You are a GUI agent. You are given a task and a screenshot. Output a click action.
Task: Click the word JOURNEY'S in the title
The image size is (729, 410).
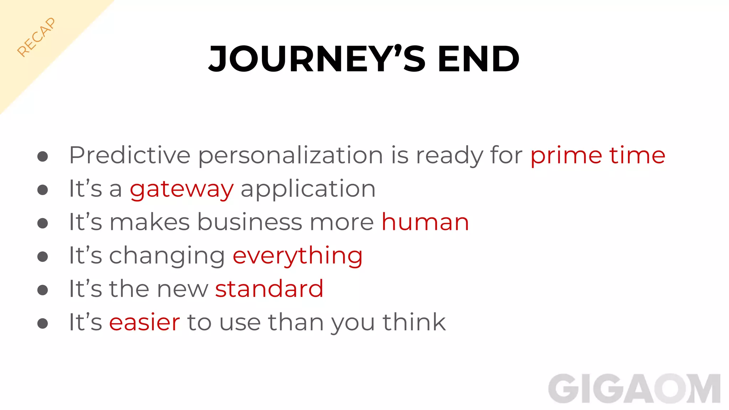point(317,59)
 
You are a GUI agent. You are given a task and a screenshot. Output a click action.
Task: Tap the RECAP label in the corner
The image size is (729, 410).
point(36,37)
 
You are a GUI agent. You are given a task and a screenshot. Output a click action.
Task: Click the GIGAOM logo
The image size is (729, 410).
point(634,389)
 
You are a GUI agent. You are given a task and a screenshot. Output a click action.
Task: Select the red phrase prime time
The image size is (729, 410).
point(597,156)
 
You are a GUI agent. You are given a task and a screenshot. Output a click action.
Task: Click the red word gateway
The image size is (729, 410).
point(182,189)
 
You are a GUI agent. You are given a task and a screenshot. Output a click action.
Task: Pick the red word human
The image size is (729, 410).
point(425,222)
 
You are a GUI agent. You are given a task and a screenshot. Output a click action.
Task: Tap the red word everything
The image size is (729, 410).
point(297,256)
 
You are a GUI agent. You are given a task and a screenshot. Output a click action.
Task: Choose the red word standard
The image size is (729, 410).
point(269,289)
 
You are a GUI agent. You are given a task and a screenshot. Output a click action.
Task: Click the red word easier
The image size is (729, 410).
point(145,322)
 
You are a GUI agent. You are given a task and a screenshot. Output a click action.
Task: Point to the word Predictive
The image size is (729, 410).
point(130,156)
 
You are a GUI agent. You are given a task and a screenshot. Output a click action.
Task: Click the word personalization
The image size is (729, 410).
point(290,156)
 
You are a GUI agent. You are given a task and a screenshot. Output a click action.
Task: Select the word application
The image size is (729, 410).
point(308,189)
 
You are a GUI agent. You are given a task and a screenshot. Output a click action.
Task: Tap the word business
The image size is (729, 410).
point(250,222)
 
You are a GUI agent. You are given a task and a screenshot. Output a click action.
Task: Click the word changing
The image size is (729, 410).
point(167,256)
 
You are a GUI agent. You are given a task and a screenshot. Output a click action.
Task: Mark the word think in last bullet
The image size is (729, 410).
point(414,322)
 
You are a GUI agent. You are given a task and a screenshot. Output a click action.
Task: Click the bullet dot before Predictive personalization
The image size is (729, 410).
point(43,156)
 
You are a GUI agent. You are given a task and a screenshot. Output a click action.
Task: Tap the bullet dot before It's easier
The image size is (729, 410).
point(43,323)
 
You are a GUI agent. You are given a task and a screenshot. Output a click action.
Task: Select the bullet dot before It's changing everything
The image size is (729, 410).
point(43,256)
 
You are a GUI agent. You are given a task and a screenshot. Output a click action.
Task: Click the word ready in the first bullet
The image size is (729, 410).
point(449,156)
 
